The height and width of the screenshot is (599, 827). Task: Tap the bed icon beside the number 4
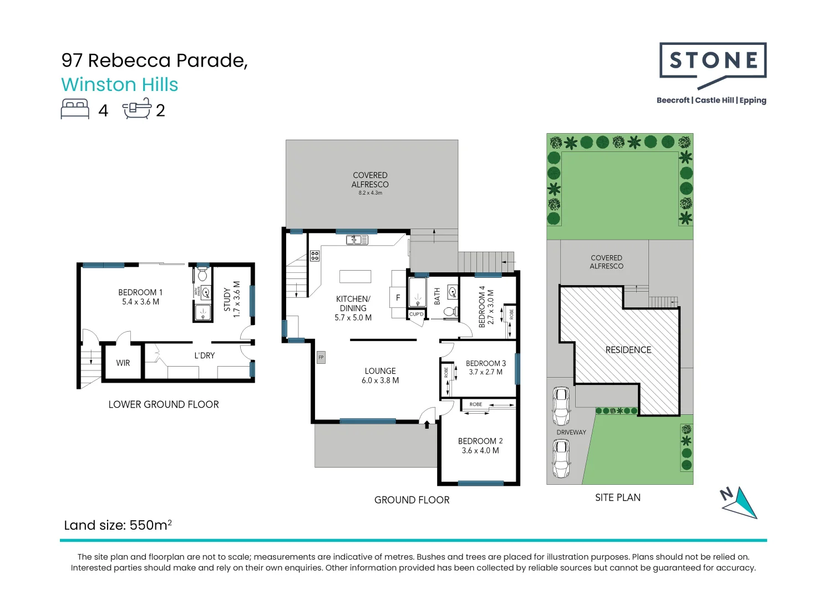point(75,109)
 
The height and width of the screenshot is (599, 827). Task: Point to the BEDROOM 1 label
point(140,292)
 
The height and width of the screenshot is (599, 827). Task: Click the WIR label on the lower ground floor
point(123,363)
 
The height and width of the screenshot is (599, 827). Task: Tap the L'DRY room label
point(204,356)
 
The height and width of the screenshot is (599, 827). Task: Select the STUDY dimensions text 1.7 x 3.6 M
point(237,299)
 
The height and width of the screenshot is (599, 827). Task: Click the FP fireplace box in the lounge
point(321,358)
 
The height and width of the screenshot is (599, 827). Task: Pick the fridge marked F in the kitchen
point(398,298)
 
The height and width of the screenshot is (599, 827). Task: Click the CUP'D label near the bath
point(416,314)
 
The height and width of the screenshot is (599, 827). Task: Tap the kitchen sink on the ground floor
point(357,240)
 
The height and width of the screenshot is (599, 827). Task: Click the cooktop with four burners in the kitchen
point(314,256)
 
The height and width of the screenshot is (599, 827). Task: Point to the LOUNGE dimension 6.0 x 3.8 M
point(380,380)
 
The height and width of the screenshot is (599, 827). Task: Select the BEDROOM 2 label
point(480,441)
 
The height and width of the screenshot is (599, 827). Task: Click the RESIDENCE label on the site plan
point(628,350)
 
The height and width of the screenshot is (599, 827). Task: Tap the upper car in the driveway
point(561,406)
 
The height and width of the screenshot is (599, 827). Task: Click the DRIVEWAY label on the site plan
point(571,432)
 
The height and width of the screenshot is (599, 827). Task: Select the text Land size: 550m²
point(118,525)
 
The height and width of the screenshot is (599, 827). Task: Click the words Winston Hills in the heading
point(119,85)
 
